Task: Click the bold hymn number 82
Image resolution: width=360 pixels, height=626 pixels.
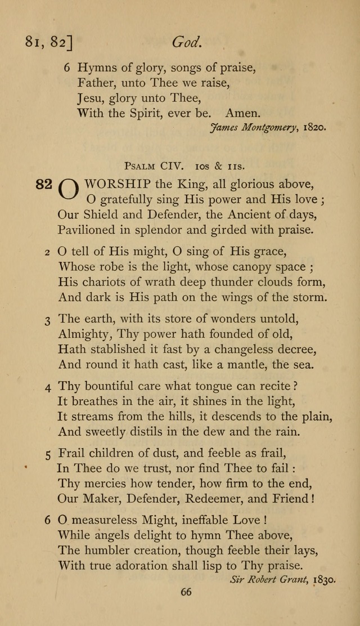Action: click(x=44, y=184)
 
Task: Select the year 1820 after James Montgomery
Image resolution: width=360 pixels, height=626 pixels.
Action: click(x=314, y=127)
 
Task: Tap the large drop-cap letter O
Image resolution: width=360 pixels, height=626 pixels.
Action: click(x=69, y=190)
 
